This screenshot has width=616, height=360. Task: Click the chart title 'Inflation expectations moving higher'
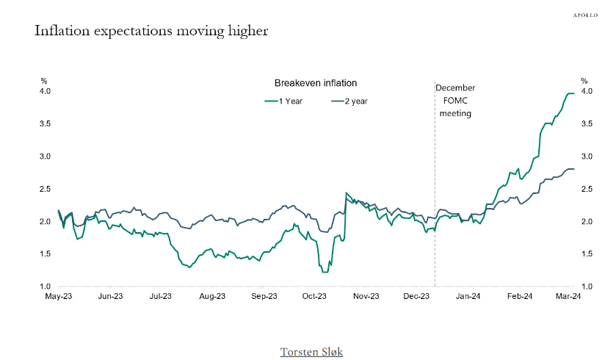pyautogui.click(x=151, y=31)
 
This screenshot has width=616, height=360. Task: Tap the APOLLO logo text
pyautogui.click(x=585, y=15)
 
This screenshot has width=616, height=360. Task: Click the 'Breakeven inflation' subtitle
pyautogui.click(x=316, y=83)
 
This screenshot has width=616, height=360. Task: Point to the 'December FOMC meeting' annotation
pyautogui.click(x=455, y=101)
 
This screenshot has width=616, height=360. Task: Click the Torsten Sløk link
pyautogui.click(x=311, y=352)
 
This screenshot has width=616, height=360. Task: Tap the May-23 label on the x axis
pyautogui.click(x=59, y=296)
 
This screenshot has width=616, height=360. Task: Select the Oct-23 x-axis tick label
pyautogui.click(x=314, y=296)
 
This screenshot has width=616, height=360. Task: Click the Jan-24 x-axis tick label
pyautogui.click(x=468, y=296)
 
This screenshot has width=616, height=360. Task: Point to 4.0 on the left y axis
pyautogui.click(x=45, y=91)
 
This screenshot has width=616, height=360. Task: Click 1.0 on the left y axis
pyautogui.click(x=45, y=287)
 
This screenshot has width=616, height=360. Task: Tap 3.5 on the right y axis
pyautogui.click(x=587, y=124)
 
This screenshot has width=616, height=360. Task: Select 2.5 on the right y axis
pyautogui.click(x=587, y=189)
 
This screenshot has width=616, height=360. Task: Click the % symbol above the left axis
pyautogui.click(x=43, y=80)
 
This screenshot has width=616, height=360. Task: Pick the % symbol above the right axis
pyautogui.click(x=584, y=80)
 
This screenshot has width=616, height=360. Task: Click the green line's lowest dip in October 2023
pyautogui.click(x=325, y=272)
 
